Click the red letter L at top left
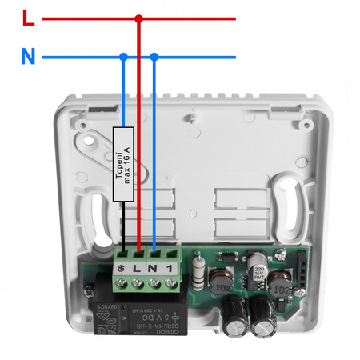29,18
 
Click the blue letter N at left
28,57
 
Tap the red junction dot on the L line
138,18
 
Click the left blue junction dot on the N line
123,57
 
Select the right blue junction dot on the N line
154,57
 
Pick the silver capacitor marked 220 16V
258,268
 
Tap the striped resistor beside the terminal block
197,270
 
